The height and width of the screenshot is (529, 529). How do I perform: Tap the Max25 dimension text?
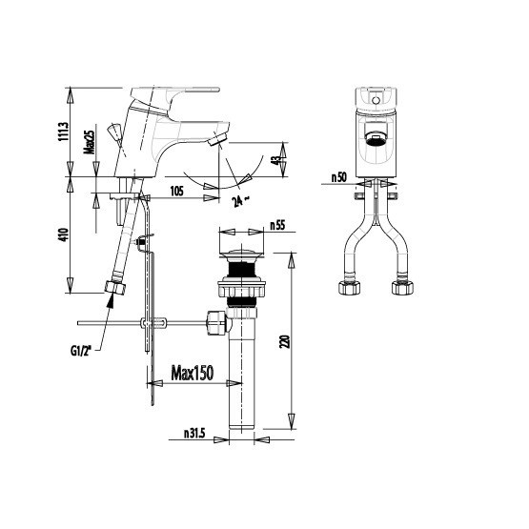91,142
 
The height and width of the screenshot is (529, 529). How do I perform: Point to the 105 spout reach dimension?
176,192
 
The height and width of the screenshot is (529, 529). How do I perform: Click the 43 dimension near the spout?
276,160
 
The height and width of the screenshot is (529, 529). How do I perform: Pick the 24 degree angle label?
240,201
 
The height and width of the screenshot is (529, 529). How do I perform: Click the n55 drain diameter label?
277,225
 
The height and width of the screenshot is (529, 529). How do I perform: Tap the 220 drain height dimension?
284,341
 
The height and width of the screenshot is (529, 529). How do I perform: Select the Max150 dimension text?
193,373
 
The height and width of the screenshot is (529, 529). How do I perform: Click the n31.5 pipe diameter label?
194,433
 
